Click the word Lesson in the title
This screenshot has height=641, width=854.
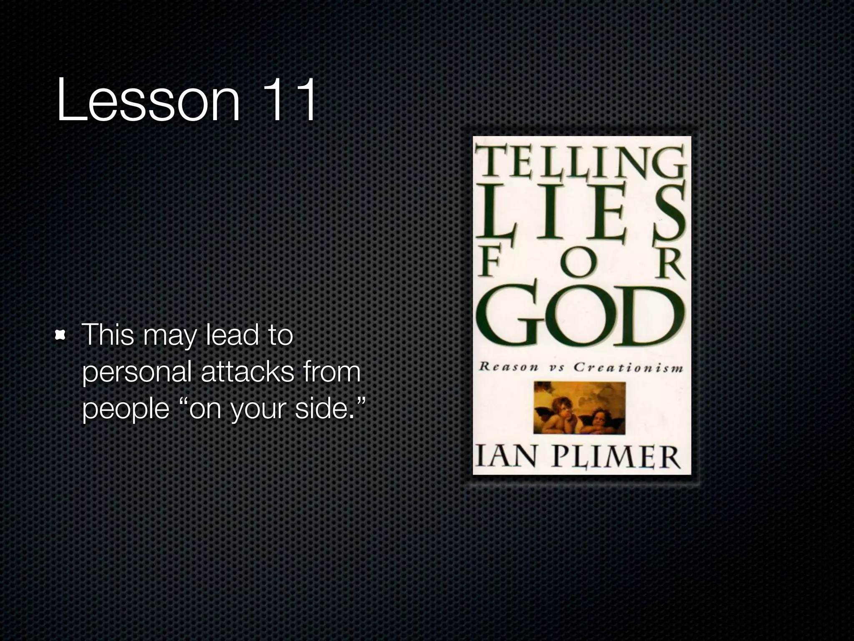pos(148,100)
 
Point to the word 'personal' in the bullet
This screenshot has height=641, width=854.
pos(137,373)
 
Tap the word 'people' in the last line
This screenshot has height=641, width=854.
pos(126,409)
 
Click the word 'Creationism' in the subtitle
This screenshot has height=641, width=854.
pos(628,368)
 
